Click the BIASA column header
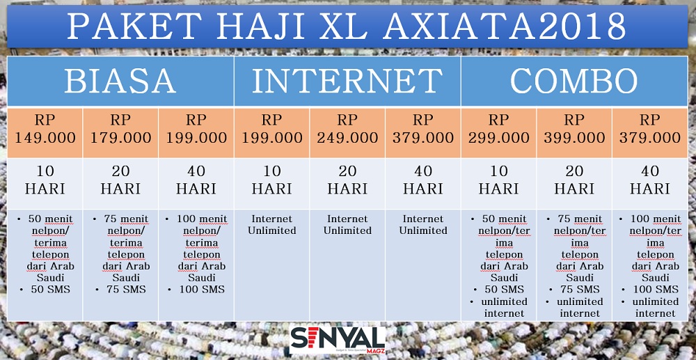click(120, 81)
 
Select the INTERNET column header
click(347, 81)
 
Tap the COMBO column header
click(574, 81)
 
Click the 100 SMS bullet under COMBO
click(650, 290)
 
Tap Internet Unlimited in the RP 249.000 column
click(347, 225)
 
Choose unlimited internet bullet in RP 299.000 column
click(498, 308)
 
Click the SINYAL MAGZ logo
click(338, 340)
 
